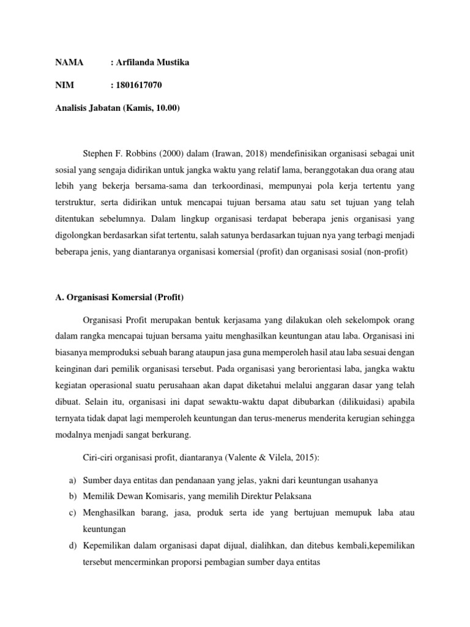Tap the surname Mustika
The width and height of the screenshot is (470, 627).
[168, 63]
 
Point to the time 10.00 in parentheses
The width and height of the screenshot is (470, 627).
[165, 108]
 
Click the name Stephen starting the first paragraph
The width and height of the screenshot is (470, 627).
[97, 152]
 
